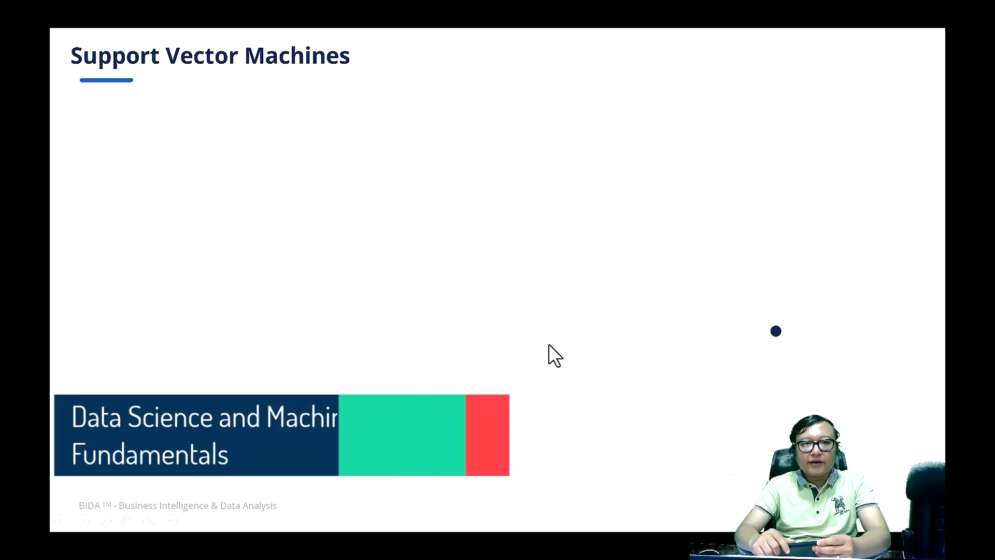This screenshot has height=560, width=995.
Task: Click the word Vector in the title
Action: tap(202, 56)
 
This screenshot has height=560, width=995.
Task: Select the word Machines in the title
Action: tap(297, 56)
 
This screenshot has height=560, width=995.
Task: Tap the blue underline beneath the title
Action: tap(106, 80)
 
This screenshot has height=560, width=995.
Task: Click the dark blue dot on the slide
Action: tap(776, 331)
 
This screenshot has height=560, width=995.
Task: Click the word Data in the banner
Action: tap(96, 417)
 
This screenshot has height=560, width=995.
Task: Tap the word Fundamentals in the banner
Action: tap(150, 455)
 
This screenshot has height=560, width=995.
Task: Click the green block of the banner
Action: tap(402, 435)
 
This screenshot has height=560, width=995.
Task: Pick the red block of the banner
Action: tap(487, 435)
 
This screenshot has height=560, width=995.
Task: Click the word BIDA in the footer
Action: tap(90, 506)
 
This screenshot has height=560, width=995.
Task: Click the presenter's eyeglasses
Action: tap(816, 445)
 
